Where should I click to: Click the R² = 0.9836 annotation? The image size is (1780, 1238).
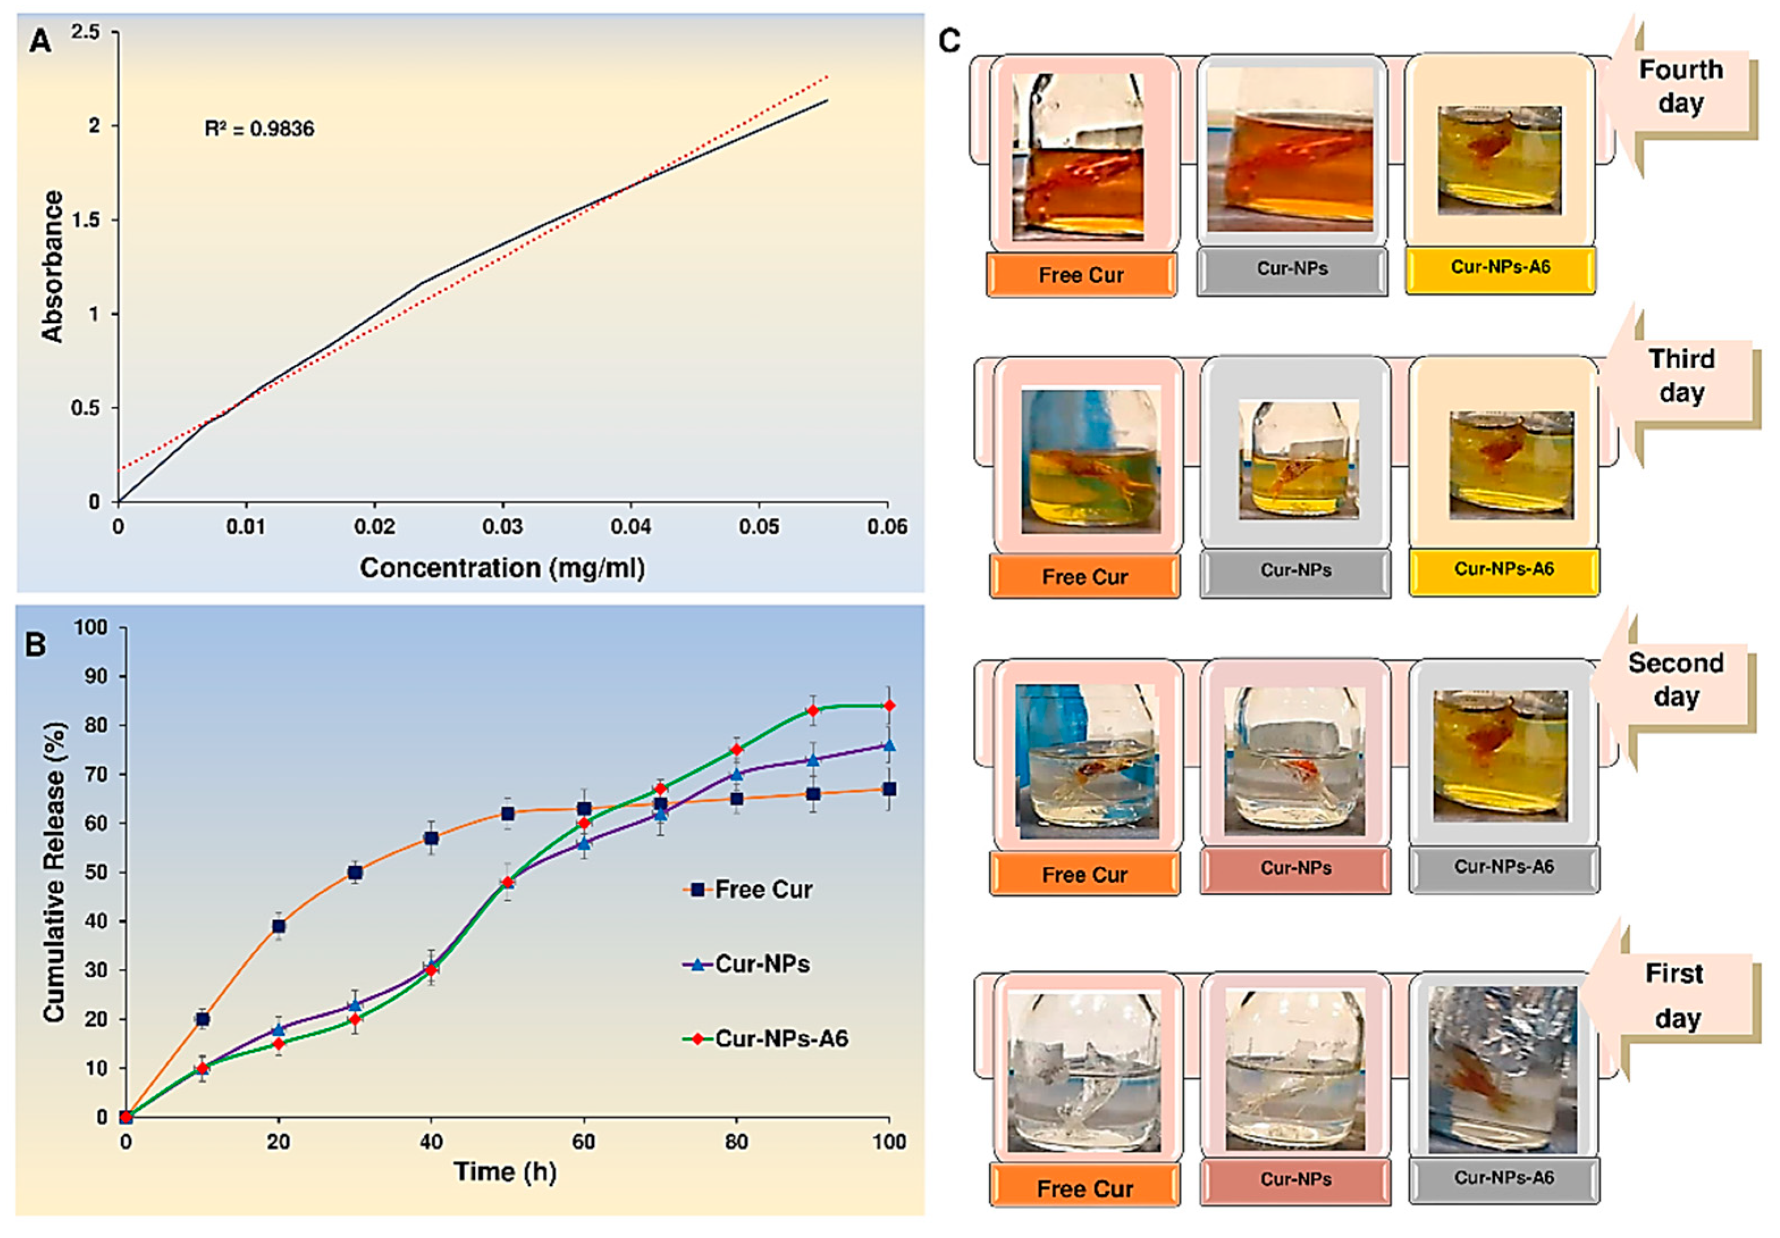point(259,129)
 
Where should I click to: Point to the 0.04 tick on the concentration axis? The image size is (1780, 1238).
point(630,527)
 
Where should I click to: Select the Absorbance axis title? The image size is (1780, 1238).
point(53,267)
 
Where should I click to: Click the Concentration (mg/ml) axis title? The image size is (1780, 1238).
point(501,569)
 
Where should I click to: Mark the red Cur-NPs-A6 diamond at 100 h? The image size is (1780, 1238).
point(889,705)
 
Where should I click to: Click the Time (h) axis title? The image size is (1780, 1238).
point(505,1171)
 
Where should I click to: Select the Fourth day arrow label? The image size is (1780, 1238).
point(1680,87)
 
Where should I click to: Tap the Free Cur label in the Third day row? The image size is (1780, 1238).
point(1085,577)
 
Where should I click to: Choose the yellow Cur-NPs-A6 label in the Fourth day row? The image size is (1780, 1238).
point(1500,267)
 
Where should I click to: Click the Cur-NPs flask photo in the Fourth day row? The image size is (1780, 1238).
point(1290,150)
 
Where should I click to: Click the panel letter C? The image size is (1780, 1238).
point(949,40)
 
